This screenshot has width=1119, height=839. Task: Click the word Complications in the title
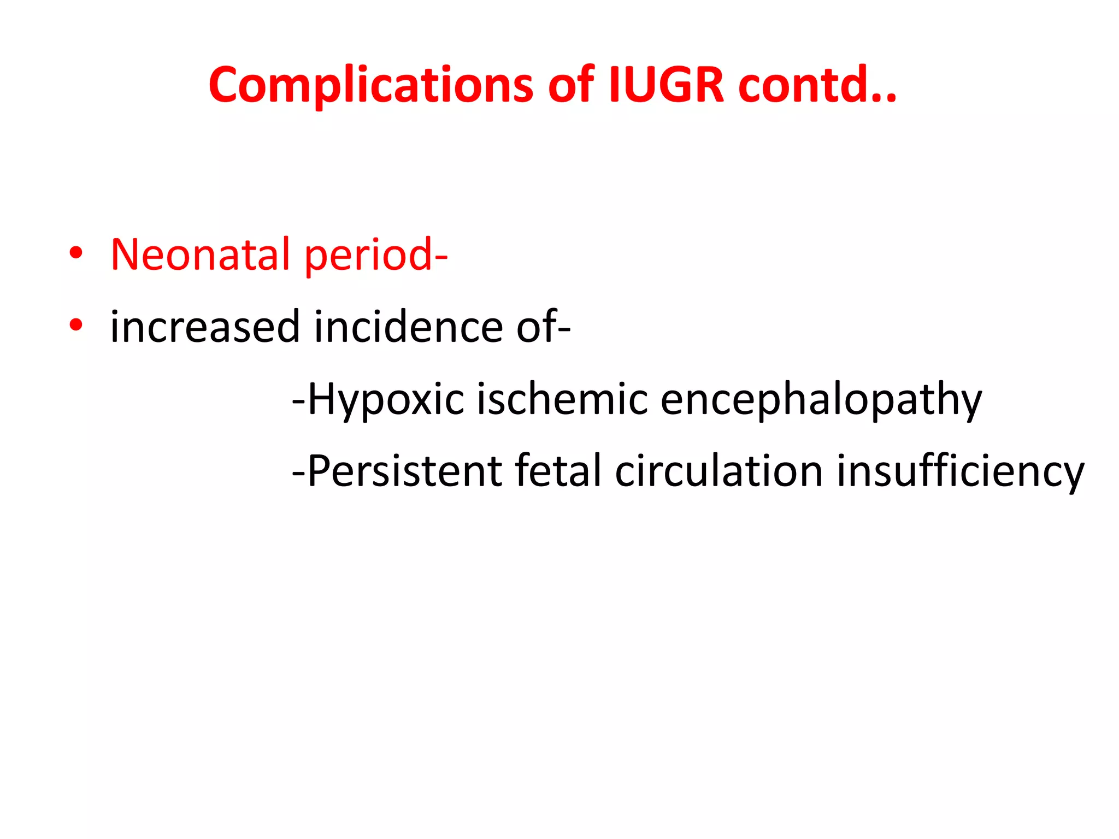pos(370,85)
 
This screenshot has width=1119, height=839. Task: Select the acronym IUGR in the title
pos(666,85)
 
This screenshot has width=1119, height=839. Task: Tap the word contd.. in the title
pos(817,85)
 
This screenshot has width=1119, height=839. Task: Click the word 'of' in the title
pos(570,85)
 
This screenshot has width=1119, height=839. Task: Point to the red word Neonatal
pos(200,255)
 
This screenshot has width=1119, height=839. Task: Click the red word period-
pos(376,256)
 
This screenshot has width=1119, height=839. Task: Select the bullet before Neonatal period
pos(76,253)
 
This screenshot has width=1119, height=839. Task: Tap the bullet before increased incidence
pos(76,325)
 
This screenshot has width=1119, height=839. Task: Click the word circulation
pos(719,471)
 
